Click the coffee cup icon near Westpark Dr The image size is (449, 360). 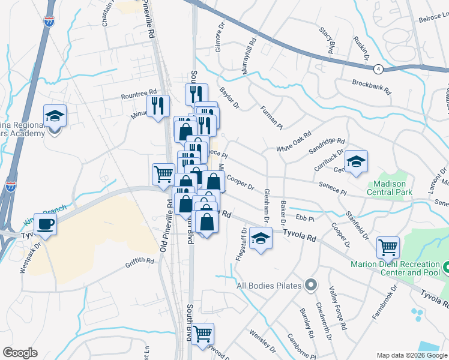click(x=45, y=224)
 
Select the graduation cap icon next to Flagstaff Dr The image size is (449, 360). click(x=260, y=239)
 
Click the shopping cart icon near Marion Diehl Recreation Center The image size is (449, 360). click(x=388, y=247)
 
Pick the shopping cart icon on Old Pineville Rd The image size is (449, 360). click(x=163, y=174)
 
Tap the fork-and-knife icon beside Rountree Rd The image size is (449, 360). click(x=158, y=106)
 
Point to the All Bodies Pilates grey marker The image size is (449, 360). click(x=310, y=284)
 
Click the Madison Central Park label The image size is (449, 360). click(x=390, y=188)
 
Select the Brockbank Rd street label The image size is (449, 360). click(x=372, y=88)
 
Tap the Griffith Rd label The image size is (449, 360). click(x=140, y=261)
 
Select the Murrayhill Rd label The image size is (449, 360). click(x=249, y=56)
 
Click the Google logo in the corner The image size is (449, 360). click(x=20, y=353)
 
